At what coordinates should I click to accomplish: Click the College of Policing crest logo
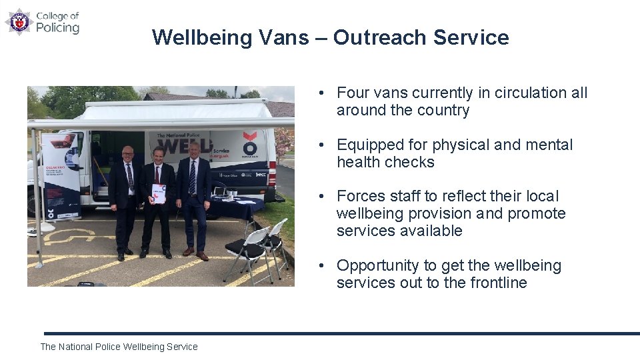click(x=19, y=21)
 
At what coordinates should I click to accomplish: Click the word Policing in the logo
click(x=57, y=28)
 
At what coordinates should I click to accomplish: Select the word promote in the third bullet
click(x=537, y=213)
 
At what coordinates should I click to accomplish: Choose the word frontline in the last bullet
click(x=499, y=283)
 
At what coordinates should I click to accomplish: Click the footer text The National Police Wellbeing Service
click(x=119, y=347)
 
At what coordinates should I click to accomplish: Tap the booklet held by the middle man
click(x=159, y=193)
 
